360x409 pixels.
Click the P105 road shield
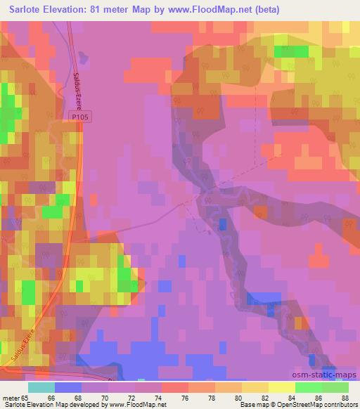click(82, 121)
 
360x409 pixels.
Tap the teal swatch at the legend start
click(41, 388)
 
